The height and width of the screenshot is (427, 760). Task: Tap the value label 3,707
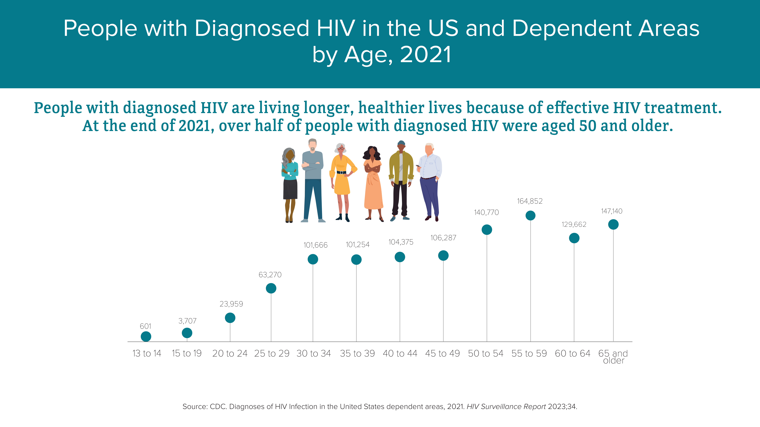pos(187,321)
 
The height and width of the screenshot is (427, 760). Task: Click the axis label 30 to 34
pos(314,353)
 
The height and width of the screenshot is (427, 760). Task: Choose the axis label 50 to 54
pos(486,353)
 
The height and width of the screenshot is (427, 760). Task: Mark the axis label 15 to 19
pos(187,353)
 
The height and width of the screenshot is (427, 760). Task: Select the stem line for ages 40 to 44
pos(400,302)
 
